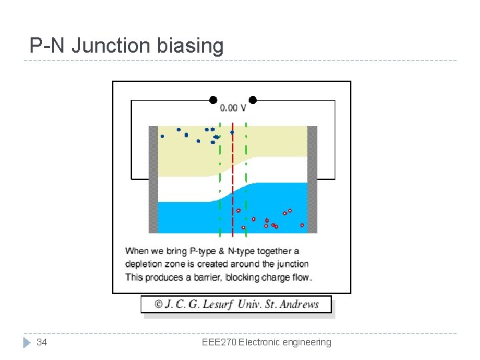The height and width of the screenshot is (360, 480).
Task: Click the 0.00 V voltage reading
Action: (x=233, y=108)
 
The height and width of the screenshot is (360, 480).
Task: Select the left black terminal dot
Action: (x=213, y=100)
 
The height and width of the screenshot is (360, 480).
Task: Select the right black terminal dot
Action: (x=253, y=100)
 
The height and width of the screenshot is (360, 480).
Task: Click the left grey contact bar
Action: (x=153, y=179)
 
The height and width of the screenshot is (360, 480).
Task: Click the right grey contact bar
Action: (x=312, y=179)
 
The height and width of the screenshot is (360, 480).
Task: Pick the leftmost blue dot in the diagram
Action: (x=162, y=136)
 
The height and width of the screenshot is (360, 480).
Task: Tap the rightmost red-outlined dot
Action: (x=302, y=225)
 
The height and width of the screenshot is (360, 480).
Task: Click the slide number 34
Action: (x=41, y=342)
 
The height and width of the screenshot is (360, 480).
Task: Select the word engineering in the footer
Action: (x=306, y=342)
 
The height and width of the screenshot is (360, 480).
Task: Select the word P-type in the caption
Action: (x=203, y=251)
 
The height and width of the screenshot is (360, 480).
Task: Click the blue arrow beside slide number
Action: (x=27, y=342)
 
